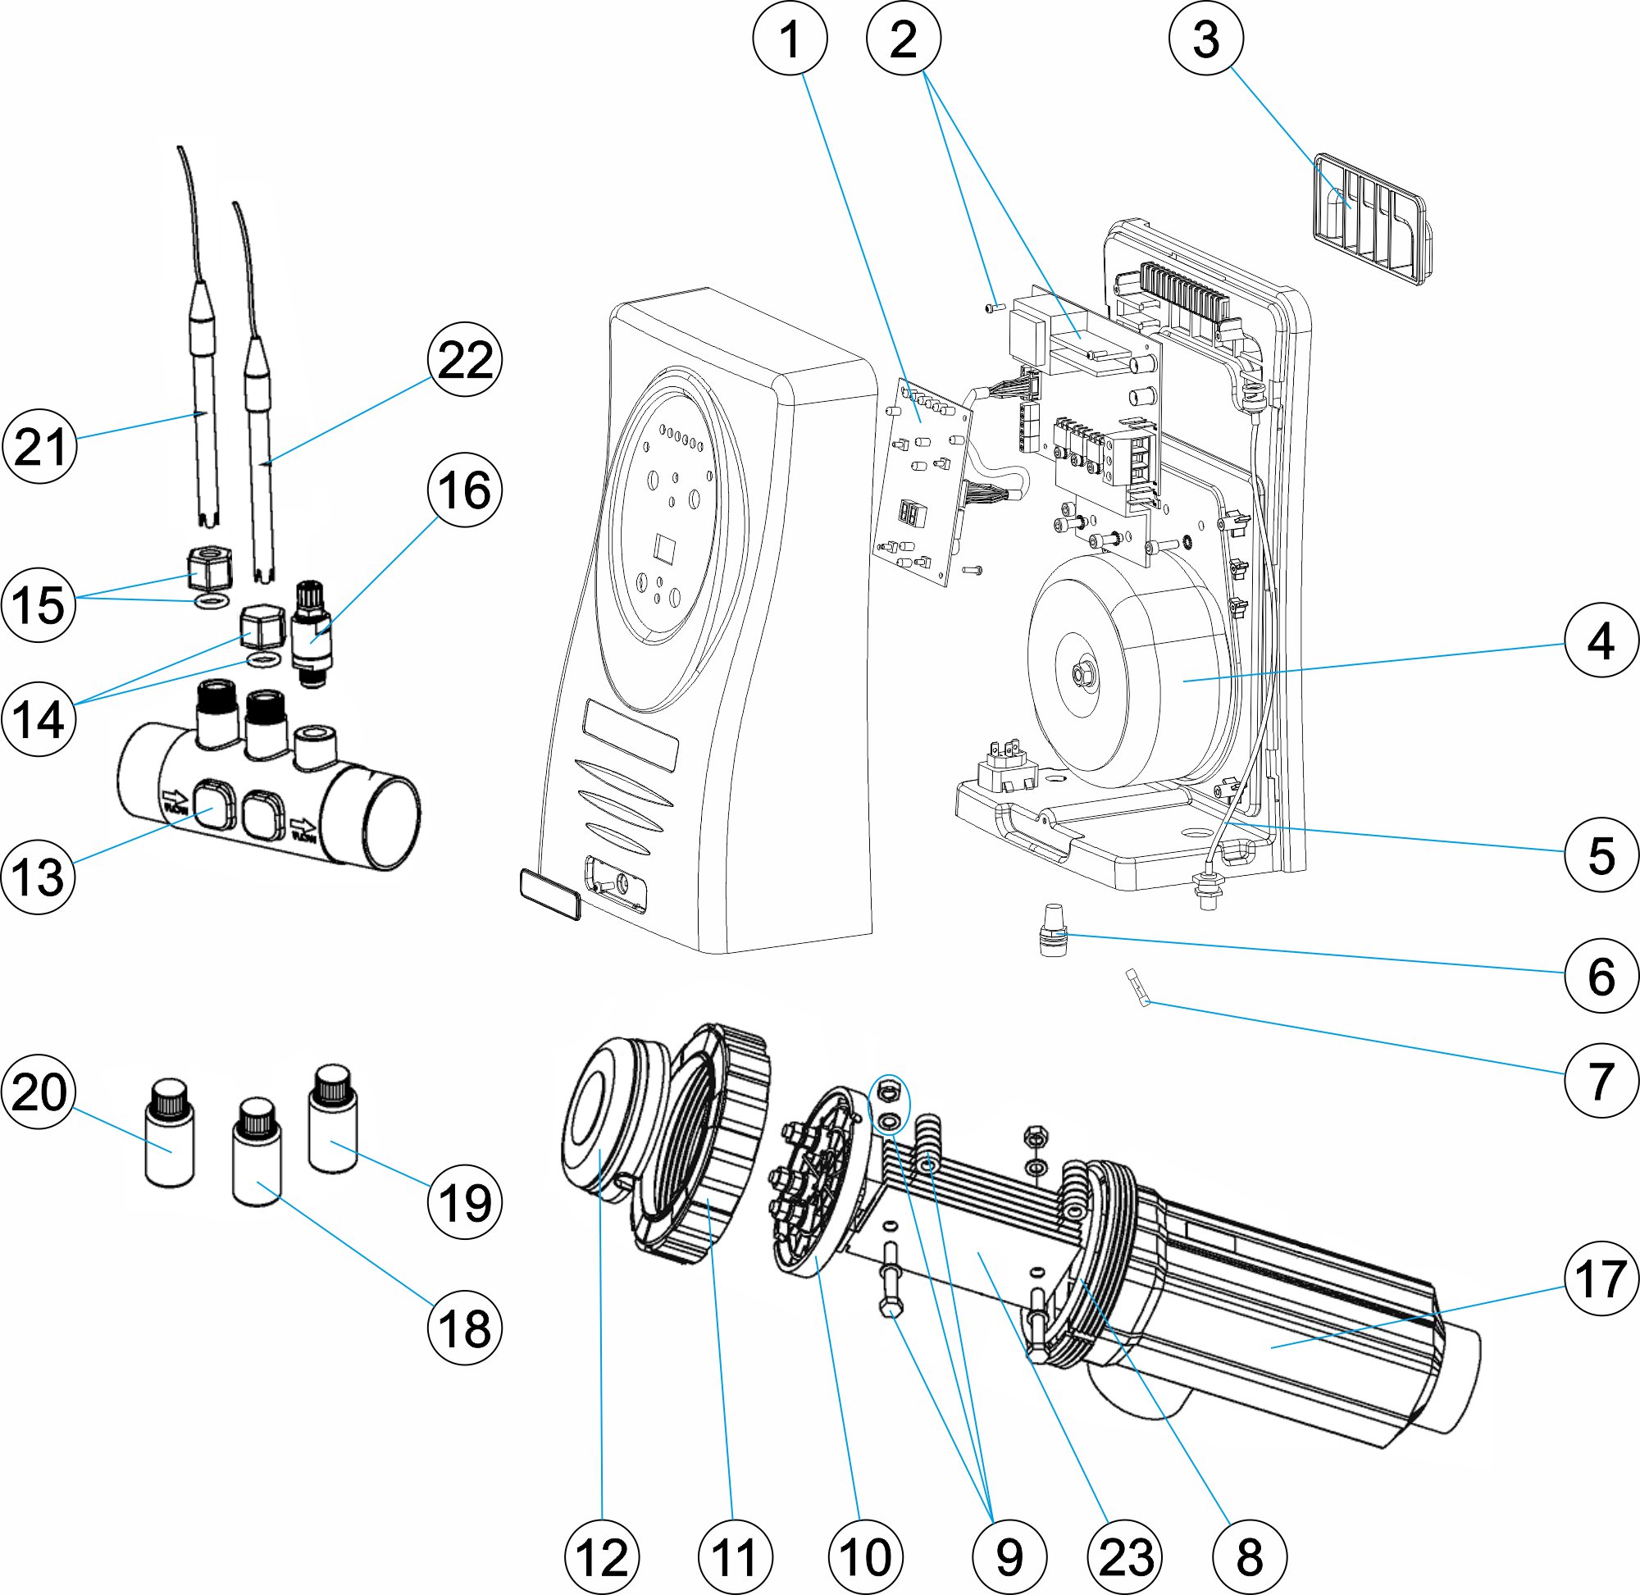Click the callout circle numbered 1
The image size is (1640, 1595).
789,39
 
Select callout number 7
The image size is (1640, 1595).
1601,1081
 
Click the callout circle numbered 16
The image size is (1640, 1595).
464,490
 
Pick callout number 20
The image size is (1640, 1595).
39,1091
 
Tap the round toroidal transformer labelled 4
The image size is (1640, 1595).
1131,670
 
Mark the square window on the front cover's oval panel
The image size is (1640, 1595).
666,548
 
